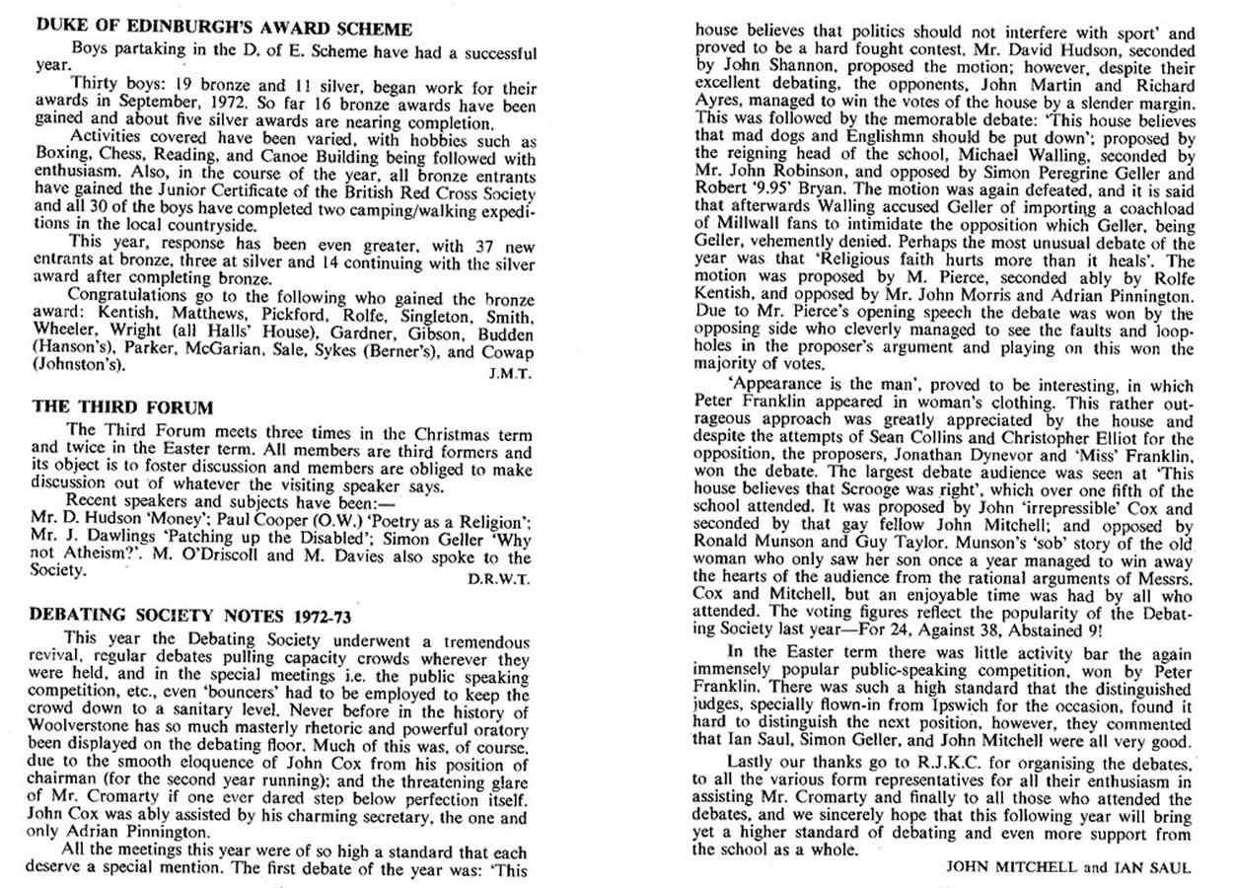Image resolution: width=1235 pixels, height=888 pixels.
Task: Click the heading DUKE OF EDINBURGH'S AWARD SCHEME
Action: [x=225, y=31]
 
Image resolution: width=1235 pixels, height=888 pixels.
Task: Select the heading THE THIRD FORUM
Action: [x=122, y=407]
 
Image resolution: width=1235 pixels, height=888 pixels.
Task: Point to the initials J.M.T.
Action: [x=512, y=373]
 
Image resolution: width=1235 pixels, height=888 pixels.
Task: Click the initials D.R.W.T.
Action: [x=501, y=579]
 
